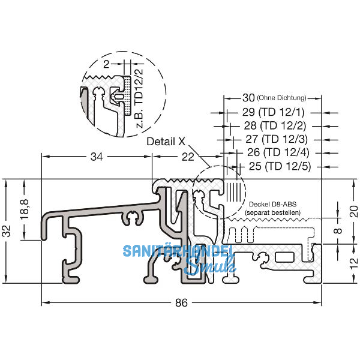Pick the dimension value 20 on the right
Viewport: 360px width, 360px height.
353,211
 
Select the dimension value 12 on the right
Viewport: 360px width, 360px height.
353,262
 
